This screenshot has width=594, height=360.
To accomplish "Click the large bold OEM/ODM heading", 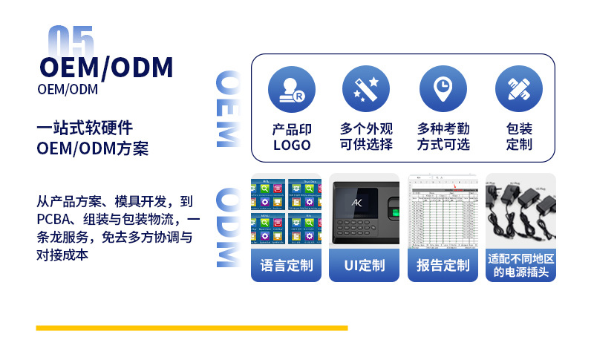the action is pos(106,68).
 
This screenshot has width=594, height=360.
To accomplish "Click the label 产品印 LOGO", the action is pos(292,137).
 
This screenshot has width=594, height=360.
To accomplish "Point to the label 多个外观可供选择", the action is pos(366,137).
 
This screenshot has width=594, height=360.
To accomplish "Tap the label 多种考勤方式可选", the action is pos(443,137).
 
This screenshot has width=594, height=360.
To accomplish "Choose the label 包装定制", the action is pos(519,137).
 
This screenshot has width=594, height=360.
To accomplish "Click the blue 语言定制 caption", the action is pos(287,265).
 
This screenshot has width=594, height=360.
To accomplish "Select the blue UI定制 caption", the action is pos(365,265).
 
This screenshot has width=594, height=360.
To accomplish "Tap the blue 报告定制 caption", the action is pos(443,265).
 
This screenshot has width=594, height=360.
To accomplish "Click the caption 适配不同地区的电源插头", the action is pos(520,265).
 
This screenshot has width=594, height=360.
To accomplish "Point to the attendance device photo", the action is pos(365,211).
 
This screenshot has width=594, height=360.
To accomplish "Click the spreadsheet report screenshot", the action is pos(443,211).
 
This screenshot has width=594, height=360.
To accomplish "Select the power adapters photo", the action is pos(520,211).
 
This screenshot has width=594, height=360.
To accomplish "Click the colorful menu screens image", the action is pos(287,211).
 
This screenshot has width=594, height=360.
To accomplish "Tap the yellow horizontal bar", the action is pos(192,327).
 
